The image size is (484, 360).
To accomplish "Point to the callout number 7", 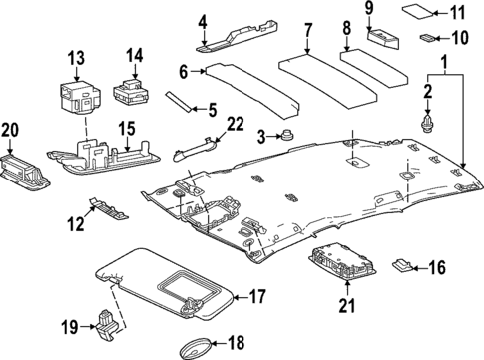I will pos(308,30).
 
